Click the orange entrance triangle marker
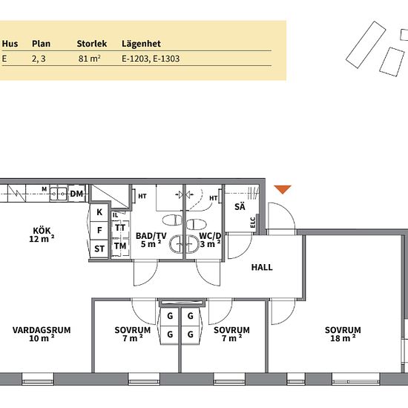[283, 189]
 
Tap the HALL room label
[262, 267]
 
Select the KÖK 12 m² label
[42, 234]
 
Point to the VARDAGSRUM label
[42, 330]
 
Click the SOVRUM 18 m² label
[343, 334]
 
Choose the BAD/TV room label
[151, 236]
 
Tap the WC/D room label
[210, 236]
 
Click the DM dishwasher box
[76, 194]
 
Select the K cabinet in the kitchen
[99, 212]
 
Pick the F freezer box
[99, 231]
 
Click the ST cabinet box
[99, 249]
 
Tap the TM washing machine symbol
[120, 246]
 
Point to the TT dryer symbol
[120, 228]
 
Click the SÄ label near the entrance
[240, 207]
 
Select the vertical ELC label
[253, 223]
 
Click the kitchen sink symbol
[59, 194]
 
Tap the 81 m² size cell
[89, 59]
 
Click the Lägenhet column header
[141, 44]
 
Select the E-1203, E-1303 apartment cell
[151, 59]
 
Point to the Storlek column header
[91, 44]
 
